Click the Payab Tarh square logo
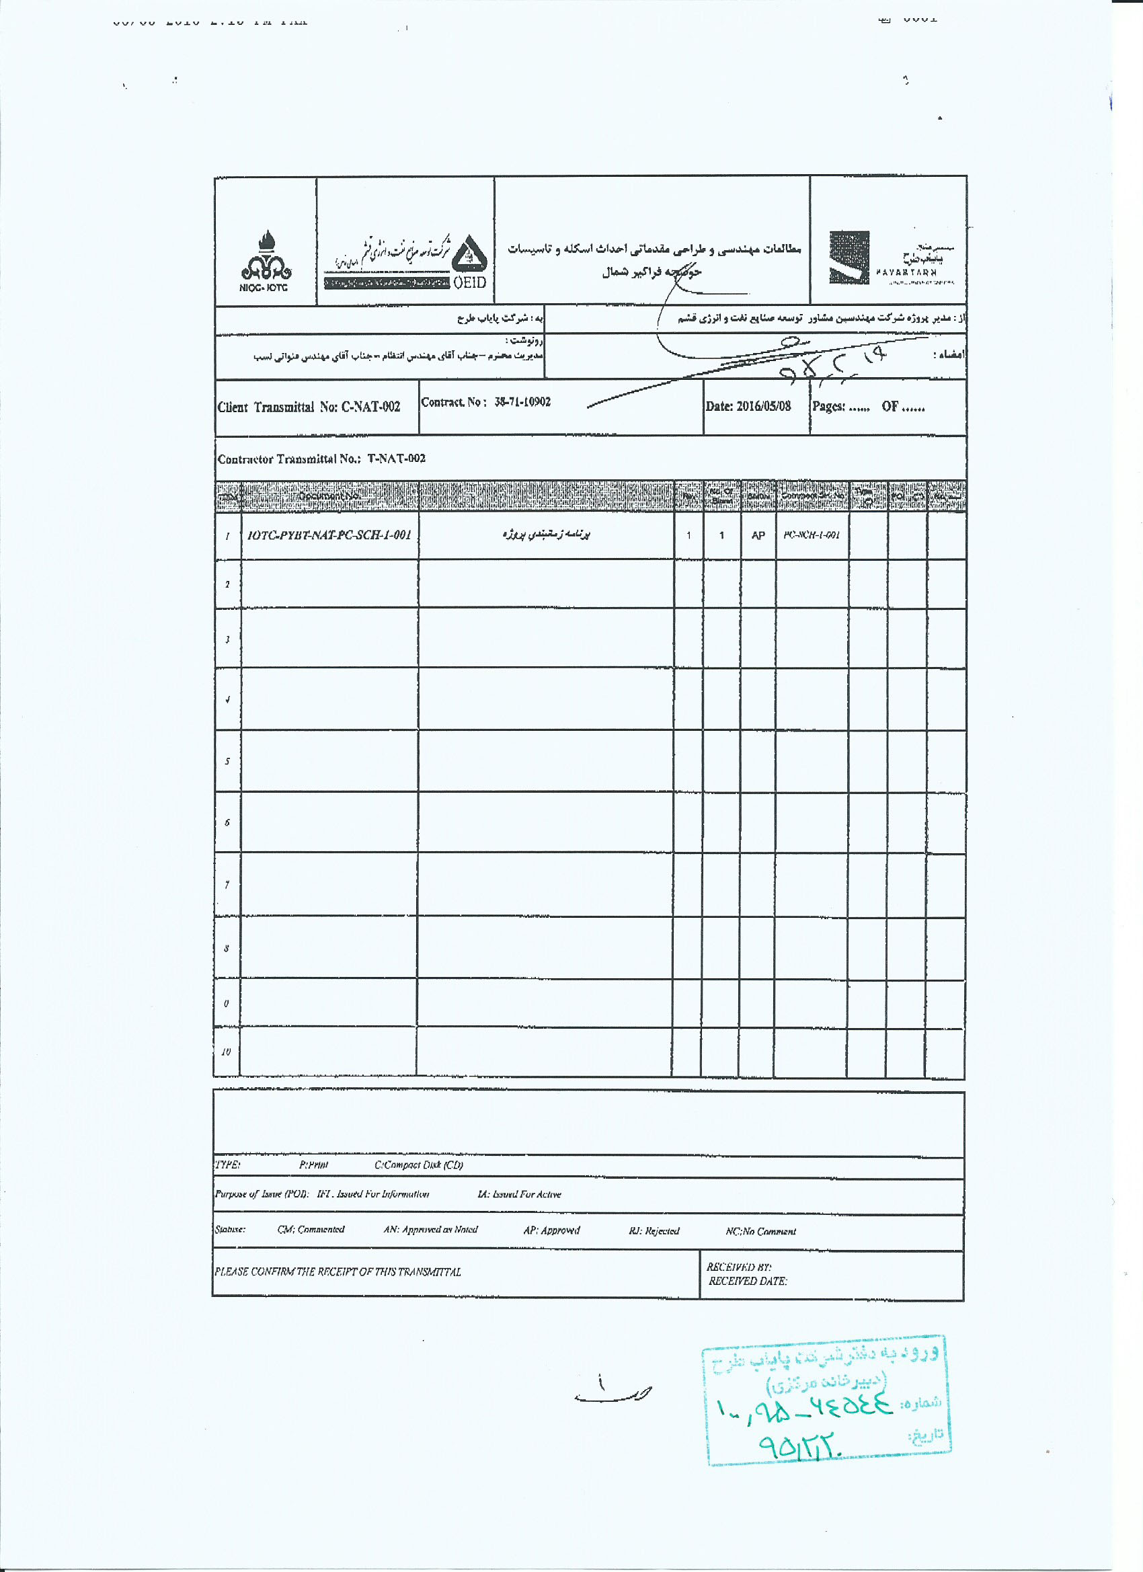point(849,258)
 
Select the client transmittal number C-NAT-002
point(371,407)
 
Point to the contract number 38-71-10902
point(522,402)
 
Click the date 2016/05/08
point(763,406)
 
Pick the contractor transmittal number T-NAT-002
point(397,459)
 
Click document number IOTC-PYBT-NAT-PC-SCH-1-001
point(329,535)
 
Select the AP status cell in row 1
point(758,536)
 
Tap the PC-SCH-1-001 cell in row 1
point(812,535)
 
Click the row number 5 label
point(227,761)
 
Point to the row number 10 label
point(226,1052)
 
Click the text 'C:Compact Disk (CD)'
point(419,1165)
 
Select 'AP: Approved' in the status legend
point(551,1230)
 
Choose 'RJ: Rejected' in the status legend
point(654,1231)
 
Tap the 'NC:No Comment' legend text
point(760,1232)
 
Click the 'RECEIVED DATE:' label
point(747,1282)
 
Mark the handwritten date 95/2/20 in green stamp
point(801,1446)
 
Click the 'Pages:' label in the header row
point(828,407)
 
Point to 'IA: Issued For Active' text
point(519,1194)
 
